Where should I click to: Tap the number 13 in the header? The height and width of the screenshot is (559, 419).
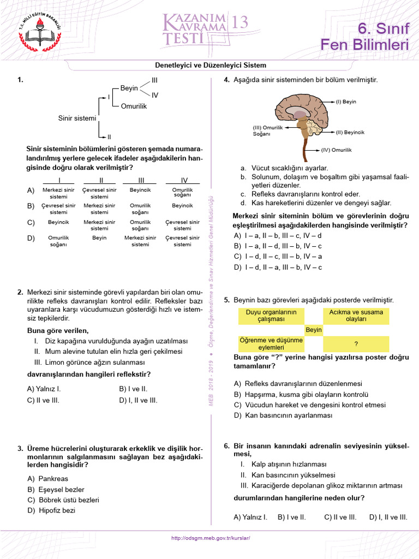[240, 22]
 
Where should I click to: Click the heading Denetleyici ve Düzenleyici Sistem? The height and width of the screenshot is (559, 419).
[211, 65]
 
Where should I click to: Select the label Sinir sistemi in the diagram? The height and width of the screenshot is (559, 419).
[77, 117]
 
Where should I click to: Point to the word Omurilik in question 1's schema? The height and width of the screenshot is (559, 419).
[134, 106]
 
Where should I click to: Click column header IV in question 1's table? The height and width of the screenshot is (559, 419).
[184, 180]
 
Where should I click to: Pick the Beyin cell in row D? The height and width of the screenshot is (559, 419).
[99, 238]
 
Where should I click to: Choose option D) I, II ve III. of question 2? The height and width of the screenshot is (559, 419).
[138, 400]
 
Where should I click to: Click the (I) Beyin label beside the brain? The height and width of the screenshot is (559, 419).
[345, 102]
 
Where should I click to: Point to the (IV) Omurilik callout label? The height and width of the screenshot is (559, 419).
[336, 149]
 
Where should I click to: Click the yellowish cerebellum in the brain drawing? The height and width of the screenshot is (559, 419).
[313, 128]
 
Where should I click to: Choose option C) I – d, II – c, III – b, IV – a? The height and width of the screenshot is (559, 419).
[278, 256]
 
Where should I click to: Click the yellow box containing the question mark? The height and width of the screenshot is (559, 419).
[356, 343]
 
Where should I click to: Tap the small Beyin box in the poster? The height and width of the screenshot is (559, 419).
[314, 330]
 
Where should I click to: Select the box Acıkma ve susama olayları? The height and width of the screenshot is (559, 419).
[356, 316]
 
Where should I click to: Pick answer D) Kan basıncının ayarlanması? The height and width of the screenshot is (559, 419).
[283, 415]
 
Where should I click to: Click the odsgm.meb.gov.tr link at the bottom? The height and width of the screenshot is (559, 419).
[210, 538]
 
